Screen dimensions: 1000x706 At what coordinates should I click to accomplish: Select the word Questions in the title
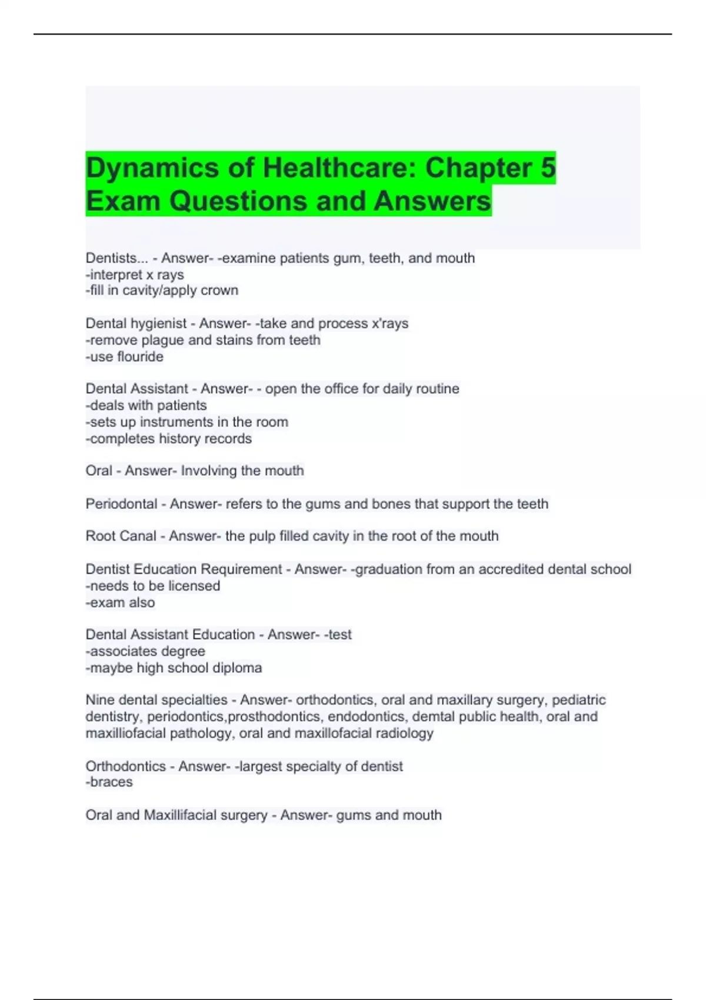pos(239,201)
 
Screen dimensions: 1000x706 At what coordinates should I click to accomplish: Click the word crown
pos(219,291)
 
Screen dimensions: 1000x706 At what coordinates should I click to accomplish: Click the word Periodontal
pos(121,504)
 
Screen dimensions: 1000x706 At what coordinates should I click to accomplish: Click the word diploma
pos(238,668)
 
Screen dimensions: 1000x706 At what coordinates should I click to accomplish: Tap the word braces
pos(111,782)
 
